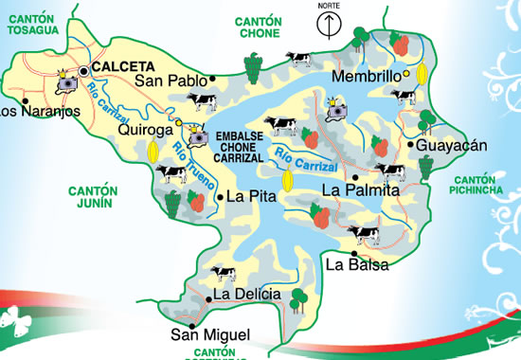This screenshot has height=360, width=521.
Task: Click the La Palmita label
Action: click(361, 190)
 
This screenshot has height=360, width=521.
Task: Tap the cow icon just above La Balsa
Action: click(364, 233)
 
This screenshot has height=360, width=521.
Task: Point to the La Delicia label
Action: click(246, 295)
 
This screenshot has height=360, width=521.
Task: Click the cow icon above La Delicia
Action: click(224, 274)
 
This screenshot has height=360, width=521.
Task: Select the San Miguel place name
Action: click(210, 334)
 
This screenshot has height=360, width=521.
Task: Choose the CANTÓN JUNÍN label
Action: click(91, 196)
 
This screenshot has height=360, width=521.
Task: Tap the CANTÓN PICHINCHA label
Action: click(483, 186)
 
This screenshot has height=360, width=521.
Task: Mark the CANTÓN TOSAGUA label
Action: click(34, 25)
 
